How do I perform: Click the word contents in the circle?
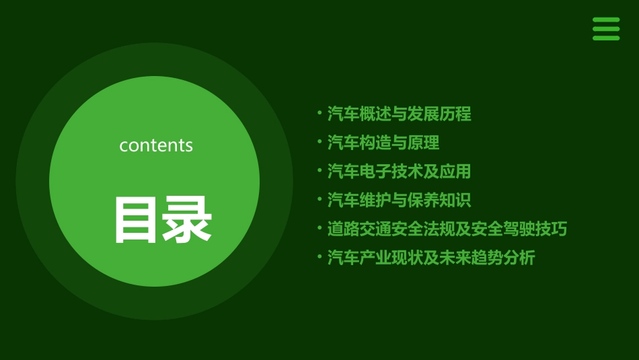point(156,145)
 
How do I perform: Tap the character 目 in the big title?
point(137,219)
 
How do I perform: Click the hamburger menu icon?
point(606,29)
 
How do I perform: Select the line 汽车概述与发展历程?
point(399,114)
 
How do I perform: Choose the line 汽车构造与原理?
point(383,143)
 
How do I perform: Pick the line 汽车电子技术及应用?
point(399,172)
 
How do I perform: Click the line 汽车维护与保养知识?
point(399,200)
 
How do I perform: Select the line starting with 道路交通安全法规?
point(447,229)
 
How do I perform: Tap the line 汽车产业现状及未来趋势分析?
point(431,258)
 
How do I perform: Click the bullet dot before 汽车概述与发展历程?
point(319,113)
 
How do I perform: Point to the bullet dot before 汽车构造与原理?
point(319,142)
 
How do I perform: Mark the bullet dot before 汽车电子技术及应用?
point(319,171)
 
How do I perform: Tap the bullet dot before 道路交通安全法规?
point(319,228)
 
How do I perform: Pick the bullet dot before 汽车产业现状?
point(319,257)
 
